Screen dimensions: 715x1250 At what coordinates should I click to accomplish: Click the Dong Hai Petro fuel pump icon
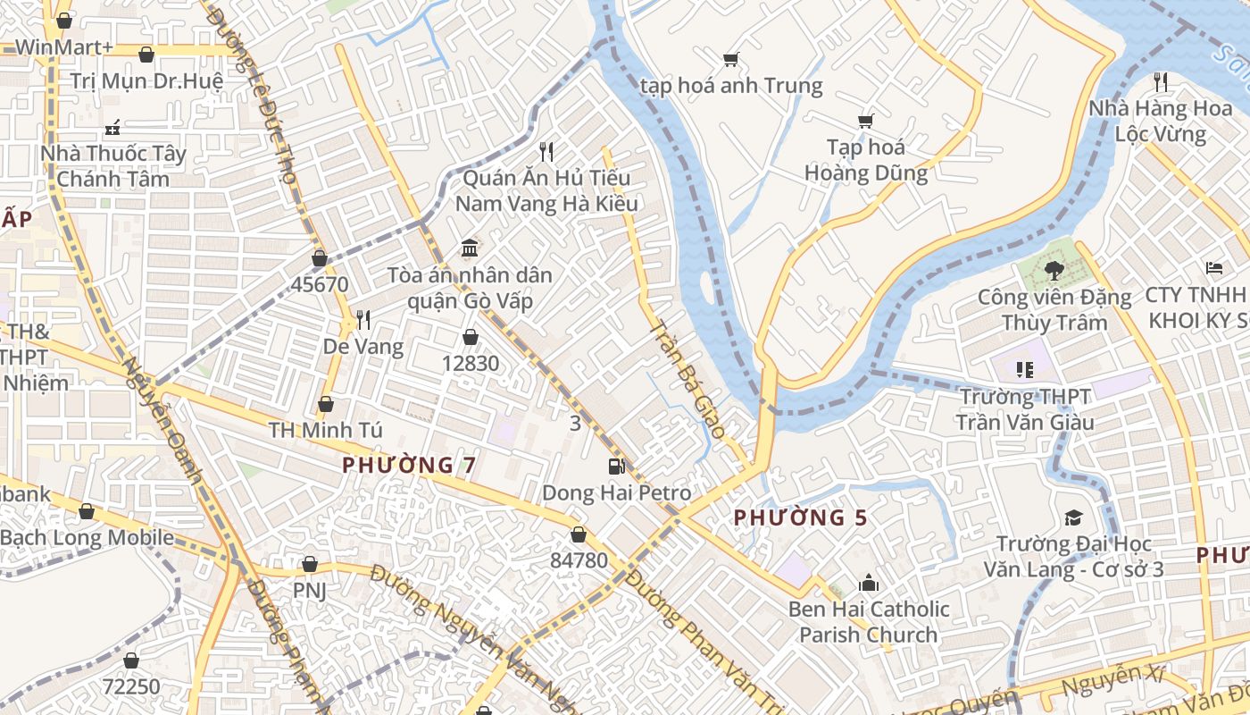click(x=616, y=466)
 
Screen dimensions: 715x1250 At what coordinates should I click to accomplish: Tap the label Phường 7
click(x=409, y=465)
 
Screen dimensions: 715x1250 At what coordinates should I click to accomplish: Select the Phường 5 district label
click(x=800, y=517)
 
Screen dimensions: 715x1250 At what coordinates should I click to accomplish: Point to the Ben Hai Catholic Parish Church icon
click(x=868, y=584)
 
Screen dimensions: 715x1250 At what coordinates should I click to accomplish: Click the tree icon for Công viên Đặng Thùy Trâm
click(x=1054, y=269)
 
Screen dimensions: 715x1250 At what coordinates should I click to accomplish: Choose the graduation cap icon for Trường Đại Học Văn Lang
click(x=1072, y=517)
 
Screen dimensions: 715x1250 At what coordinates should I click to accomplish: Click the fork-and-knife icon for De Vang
click(x=362, y=319)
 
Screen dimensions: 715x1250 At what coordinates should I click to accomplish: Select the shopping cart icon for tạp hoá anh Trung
click(x=730, y=60)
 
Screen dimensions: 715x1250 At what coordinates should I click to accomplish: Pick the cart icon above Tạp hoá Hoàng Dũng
click(x=865, y=121)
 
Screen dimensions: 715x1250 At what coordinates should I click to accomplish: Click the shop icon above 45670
click(x=319, y=258)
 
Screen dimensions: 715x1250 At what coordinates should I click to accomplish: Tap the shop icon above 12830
click(x=470, y=337)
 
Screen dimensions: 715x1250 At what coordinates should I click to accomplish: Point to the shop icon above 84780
click(x=579, y=534)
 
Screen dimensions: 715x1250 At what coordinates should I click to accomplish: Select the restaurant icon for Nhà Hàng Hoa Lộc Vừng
click(x=1160, y=82)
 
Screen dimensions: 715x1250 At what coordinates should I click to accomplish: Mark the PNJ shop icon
click(x=309, y=564)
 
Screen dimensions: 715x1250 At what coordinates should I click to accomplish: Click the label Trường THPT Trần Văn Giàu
click(x=1024, y=408)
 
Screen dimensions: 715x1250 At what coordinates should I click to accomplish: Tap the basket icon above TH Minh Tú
click(x=326, y=404)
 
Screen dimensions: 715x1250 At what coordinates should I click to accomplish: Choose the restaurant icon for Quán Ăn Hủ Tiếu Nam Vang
click(x=546, y=152)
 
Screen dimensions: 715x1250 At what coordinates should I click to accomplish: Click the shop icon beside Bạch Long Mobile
click(x=87, y=511)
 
